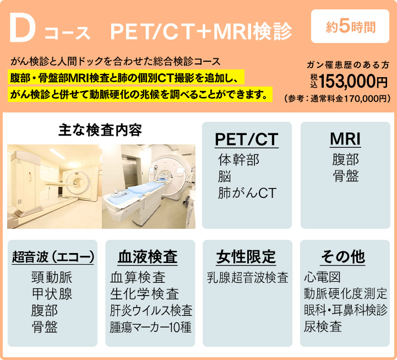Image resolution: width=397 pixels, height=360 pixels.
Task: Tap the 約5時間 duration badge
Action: pos(350,26)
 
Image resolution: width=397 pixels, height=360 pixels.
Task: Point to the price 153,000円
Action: pos(353,82)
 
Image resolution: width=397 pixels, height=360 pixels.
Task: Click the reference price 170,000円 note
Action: pos(337,99)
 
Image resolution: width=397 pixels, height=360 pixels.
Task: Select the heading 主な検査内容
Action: pos(100,130)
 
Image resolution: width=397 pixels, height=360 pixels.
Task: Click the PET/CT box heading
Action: pos(247,139)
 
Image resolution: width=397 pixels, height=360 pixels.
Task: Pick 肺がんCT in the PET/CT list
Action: pos(247,193)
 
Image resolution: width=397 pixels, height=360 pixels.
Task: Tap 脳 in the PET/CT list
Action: pos(224,176)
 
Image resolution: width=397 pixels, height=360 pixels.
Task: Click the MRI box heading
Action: pos(345,139)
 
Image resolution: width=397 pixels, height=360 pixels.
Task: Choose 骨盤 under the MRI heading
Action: pos(346,176)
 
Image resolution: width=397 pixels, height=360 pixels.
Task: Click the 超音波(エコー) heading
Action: pos(53,256)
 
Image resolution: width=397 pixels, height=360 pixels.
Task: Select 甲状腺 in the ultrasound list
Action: pos(52,294)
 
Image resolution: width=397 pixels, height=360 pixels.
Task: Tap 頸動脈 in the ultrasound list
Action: pos(52,277)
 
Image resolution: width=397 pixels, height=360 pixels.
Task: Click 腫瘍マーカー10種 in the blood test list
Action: pos(151,327)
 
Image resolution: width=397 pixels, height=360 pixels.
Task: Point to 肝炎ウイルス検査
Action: pos(151,310)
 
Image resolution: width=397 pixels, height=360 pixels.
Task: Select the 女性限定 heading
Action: pos(246,256)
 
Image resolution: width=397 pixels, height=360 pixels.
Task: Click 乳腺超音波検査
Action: pos(248,277)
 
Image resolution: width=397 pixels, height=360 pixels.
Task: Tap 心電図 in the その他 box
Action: pos(322,277)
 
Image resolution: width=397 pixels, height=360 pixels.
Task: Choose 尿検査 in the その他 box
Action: pos(323,326)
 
